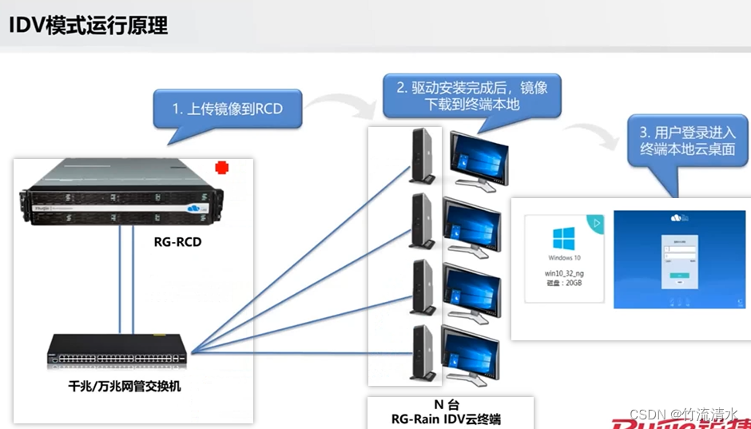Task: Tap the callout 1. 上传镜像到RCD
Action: click(227, 109)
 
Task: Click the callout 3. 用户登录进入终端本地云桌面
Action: click(687, 141)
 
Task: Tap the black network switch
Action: click(119, 349)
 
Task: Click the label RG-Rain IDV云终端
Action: click(451, 419)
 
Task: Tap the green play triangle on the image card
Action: click(596, 220)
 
